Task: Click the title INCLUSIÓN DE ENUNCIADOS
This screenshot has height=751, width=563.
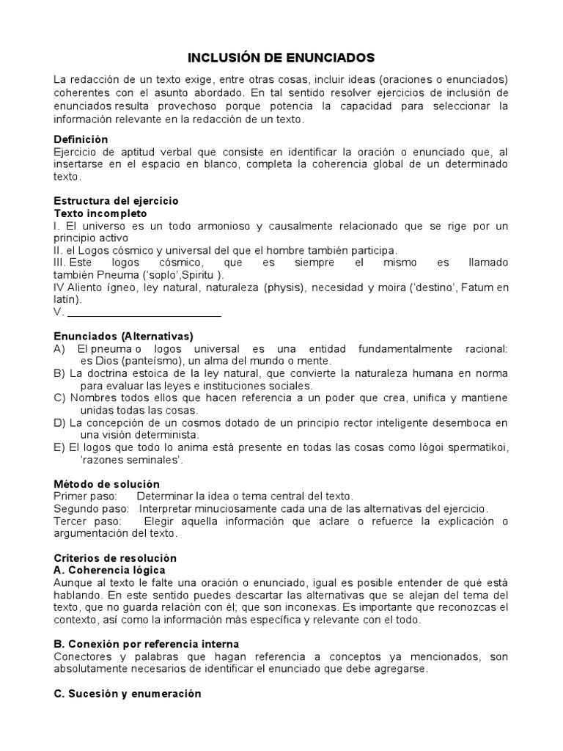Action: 281,57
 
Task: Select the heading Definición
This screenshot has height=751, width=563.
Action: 81,139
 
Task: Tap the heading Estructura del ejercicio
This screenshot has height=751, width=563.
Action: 116,200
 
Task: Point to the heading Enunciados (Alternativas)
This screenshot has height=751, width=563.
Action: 123,336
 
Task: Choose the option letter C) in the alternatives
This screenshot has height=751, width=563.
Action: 61,398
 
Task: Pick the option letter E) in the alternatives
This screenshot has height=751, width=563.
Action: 61,447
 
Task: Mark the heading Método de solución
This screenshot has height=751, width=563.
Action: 106,484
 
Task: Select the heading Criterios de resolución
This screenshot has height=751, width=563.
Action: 115,558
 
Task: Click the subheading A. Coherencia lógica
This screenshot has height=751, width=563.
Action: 110,571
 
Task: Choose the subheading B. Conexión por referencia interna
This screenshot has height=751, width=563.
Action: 147,644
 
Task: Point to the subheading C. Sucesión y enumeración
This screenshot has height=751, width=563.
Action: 128,693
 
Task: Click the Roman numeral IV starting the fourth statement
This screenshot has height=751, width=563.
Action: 60,287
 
